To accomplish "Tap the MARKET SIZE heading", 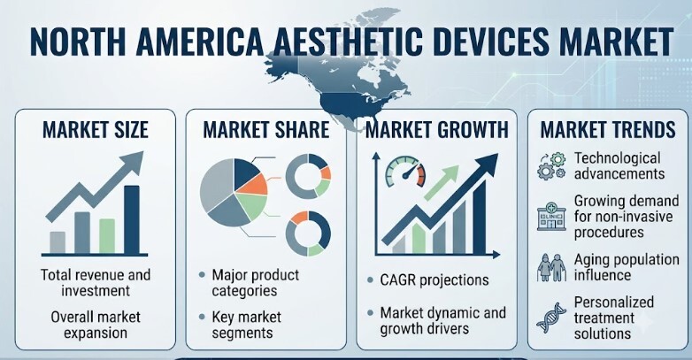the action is coord(96,130).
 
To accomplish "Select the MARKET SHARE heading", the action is coord(266,130).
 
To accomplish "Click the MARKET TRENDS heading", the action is coord(608,130).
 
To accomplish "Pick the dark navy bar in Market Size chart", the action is coord(132,219).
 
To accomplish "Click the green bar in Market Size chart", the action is coord(107,236).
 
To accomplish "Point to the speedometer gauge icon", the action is coord(405,172).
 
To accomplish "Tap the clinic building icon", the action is coord(551,216).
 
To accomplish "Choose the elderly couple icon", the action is coord(551,267).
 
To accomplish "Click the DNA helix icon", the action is coord(551,318).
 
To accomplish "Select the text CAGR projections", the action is coord(434,280).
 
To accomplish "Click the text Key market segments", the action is coord(246,325).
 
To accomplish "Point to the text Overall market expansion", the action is coord(96,325).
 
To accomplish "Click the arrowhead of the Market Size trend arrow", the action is coord(133,162).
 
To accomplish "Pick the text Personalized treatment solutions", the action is coord(613,318).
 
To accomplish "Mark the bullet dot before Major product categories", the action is coord(202,275).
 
